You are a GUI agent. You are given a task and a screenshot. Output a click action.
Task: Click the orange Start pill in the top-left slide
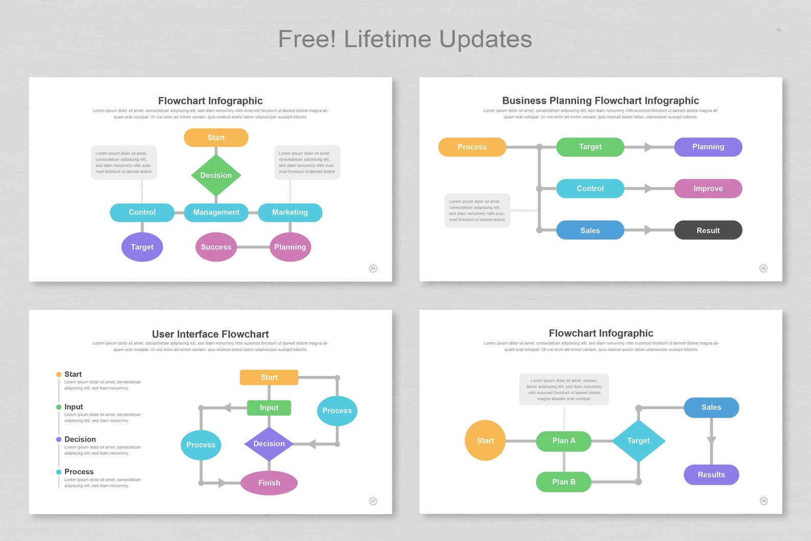(x=216, y=137)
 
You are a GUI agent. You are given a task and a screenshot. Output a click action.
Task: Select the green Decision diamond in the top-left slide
(x=216, y=175)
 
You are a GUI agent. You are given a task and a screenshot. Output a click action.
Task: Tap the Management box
(x=216, y=213)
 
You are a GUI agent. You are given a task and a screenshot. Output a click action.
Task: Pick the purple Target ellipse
(x=142, y=247)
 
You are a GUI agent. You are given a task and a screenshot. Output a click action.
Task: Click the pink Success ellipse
(x=216, y=247)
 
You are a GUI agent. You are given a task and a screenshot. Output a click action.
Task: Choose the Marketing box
(x=290, y=213)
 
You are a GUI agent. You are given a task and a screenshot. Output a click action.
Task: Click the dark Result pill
(x=708, y=230)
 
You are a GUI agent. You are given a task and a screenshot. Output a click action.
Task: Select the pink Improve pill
(x=708, y=189)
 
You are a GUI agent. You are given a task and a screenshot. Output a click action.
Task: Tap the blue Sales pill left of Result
(x=590, y=230)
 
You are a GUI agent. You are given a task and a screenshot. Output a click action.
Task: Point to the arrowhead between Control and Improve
(x=648, y=189)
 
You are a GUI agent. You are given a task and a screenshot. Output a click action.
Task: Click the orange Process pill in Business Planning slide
(x=472, y=147)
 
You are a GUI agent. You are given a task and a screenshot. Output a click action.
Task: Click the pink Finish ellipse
(x=269, y=483)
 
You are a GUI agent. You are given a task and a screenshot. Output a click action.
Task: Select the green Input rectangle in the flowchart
(x=269, y=408)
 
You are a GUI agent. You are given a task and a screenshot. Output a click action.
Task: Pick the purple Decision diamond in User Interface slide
(x=269, y=444)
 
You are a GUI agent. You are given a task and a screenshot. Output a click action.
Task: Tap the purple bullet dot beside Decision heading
(x=59, y=439)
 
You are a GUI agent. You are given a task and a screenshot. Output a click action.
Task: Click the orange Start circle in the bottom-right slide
(x=485, y=440)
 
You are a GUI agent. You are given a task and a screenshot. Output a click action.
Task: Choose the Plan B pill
(x=563, y=482)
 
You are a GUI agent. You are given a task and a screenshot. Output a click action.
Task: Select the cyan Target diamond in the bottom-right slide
(x=638, y=440)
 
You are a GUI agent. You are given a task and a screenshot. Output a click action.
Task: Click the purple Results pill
(x=711, y=475)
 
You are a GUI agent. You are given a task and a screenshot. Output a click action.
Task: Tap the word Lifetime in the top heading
(x=388, y=39)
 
